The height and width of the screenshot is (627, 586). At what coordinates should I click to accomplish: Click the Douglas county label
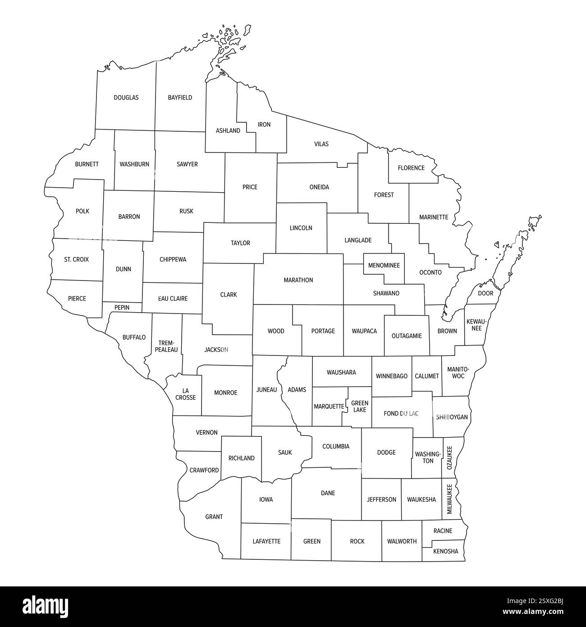[126, 97]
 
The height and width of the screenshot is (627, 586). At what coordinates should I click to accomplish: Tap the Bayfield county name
[180, 97]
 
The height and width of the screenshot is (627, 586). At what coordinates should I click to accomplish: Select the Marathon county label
[298, 280]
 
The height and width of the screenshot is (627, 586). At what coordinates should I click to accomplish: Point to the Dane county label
[328, 493]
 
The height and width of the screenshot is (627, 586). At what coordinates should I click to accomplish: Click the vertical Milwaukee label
[449, 499]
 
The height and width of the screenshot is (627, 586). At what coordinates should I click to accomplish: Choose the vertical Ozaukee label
[449, 458]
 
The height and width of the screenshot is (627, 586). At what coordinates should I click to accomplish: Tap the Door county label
[485, 293]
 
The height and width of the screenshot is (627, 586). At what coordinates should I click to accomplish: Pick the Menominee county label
[384, 265]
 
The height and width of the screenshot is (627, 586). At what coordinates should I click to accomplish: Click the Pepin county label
[122, 308]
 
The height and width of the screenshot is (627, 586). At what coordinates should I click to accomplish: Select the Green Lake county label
[360, 406]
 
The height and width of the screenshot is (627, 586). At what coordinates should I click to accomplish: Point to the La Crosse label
[186, 394]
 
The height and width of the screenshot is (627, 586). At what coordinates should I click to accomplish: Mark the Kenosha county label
[445, 551]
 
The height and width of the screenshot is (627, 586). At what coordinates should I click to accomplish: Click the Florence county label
[411, 168]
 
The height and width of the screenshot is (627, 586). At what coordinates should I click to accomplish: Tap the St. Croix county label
[76, 259]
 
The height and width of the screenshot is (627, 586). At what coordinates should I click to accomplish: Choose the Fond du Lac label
[401, 413]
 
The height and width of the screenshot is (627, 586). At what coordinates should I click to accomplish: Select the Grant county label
[214, 517]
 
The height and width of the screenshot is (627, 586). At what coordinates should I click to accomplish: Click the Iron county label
[264, 124]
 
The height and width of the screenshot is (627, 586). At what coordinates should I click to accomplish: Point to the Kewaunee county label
[476, 325]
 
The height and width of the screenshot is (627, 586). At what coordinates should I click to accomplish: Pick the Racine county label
[443, 530]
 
